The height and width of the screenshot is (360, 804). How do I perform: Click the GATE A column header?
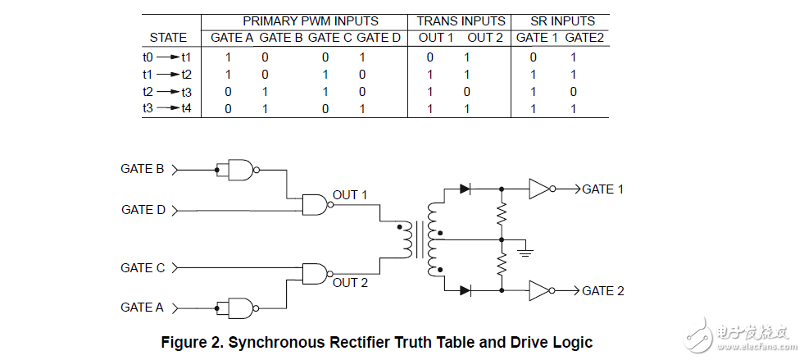[232, 38]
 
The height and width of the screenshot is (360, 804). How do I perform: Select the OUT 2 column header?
[485, 38]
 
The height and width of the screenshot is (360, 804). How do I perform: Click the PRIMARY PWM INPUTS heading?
[311, 21]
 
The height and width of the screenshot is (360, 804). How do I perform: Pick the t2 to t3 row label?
[167, 93]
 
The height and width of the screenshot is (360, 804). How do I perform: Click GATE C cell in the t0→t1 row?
[325, 57]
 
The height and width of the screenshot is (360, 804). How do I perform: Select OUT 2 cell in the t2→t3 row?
[466, 93]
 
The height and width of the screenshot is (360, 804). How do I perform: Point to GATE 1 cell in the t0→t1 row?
[534, 57]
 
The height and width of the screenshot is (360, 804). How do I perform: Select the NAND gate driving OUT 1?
[316, 205]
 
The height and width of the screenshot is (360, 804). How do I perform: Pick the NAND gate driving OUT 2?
[316, 274]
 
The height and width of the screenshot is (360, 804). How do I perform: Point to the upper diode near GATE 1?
[465, 189]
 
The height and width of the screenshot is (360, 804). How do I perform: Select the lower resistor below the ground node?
[502, 264]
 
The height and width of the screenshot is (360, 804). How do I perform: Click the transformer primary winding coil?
[407, 240]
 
